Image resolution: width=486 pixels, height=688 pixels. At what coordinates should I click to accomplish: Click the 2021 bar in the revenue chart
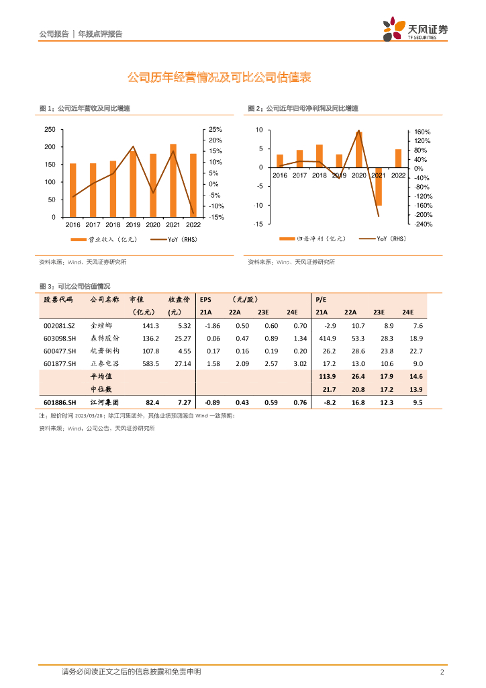173,181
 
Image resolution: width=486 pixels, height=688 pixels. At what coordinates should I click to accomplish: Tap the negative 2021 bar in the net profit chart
379,186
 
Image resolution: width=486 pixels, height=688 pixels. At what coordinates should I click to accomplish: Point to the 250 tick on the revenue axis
50,129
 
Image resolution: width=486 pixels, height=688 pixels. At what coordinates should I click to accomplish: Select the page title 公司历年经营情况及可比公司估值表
219,78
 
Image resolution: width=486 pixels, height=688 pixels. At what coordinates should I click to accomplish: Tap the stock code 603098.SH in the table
59,338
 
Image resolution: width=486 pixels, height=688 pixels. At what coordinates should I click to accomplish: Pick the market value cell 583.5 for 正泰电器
149,363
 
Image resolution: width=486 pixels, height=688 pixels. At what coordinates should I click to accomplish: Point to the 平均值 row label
101,377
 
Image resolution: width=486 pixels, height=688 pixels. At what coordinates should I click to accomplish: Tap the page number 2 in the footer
442,672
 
